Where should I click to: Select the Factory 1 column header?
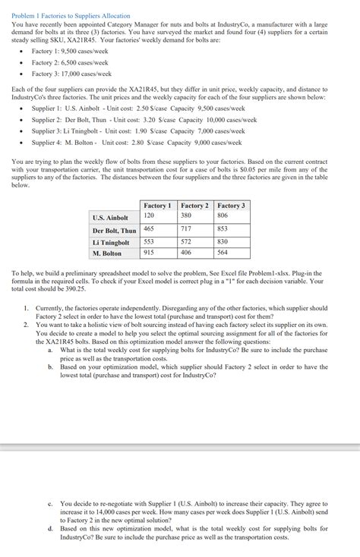[x=157, y=206]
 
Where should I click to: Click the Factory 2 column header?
[x=194, y=206]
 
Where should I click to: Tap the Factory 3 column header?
[x=231, y=206]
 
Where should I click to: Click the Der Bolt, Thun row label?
[x=114, y=230]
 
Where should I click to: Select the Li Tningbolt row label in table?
[x=111, y=242]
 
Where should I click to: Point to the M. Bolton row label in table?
[x=107, y=253]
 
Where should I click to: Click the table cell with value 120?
[x=149, y=216]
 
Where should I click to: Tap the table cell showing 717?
[x=186, y=228]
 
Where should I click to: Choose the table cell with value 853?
[x=223, y=228]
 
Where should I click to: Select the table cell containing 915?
[x=149, y=252]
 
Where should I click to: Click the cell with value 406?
[x=186, y=252]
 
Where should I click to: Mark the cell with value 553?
[x=149, y=241]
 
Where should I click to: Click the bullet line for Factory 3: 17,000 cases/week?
[x=71, y=74]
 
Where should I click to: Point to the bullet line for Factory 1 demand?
[x=68, y=50]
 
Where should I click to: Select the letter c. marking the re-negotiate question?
[x=49, y=504]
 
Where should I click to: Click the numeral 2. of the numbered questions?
[x=26, y=325]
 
